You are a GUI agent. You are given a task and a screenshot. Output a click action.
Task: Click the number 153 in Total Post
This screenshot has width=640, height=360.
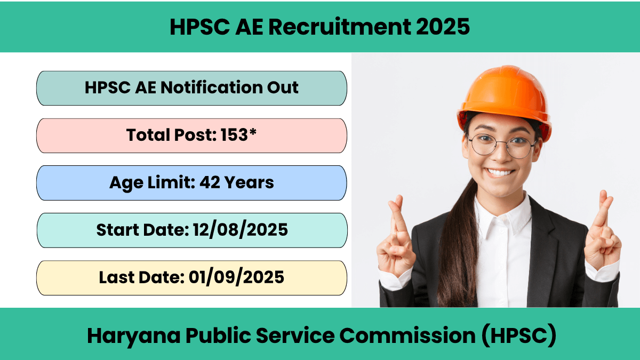234,134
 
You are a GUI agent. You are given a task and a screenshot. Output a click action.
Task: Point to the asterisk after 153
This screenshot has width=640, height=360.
253,132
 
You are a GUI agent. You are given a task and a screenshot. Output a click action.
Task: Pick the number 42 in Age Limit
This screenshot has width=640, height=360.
210,182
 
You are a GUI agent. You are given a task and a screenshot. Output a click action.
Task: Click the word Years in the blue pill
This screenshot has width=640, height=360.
249,182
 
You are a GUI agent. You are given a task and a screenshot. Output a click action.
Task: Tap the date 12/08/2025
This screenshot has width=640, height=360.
241,230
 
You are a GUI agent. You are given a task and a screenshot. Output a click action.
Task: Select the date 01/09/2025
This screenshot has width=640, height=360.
236,277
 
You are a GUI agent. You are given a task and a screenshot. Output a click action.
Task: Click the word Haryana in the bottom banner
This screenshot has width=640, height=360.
134,336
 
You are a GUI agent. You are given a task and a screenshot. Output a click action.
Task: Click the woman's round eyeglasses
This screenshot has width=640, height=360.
502,146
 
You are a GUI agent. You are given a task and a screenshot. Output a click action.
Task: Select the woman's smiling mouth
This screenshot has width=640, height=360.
500,173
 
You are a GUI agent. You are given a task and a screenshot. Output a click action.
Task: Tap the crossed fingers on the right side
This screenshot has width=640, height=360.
602,231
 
